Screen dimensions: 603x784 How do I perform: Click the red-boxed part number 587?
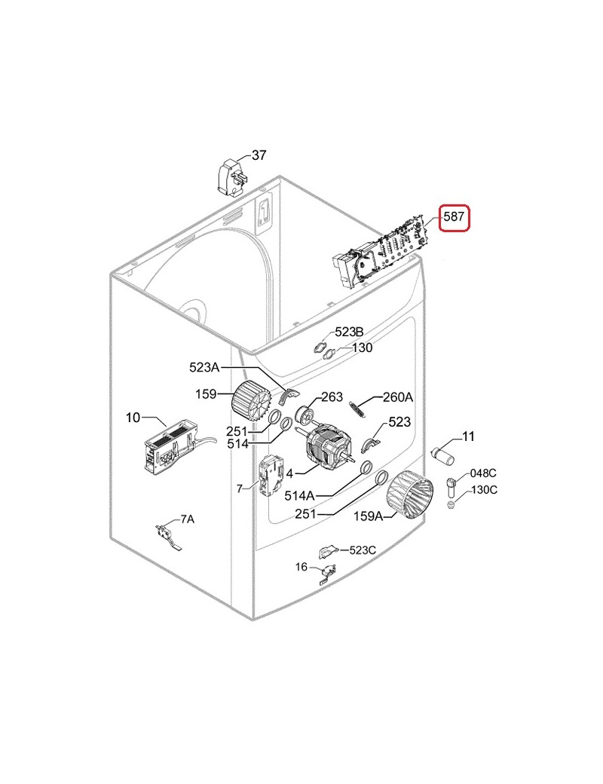click(455, 217)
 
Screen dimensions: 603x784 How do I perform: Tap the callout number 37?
click(259, 155)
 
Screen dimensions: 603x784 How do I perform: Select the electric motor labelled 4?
click(330, 446)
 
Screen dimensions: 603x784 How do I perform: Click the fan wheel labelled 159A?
click(409, 495)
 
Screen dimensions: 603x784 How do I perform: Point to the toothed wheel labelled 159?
click(252, 400)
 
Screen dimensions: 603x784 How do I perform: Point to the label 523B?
click(350, 332)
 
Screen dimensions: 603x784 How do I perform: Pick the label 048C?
click(483, 473)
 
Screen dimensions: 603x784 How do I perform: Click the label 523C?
click(363, 550)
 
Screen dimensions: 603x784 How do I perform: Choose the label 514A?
click(299, 495)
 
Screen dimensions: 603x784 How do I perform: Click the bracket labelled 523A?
click(289, 396)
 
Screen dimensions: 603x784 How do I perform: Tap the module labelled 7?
click(270, 476)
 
